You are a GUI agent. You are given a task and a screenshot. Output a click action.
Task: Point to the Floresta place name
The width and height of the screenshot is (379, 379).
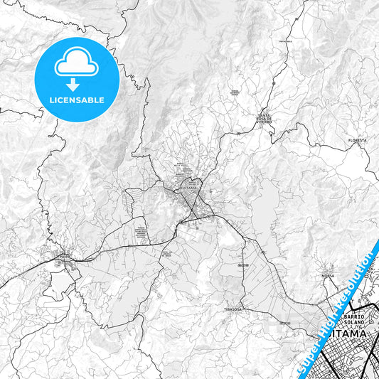point(357,141)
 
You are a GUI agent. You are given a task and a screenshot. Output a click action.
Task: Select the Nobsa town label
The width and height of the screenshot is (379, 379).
point(328,275)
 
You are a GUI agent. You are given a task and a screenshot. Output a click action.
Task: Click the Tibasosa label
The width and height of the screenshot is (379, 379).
point(233,310)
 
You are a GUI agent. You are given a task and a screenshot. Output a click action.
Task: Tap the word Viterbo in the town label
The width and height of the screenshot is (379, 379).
point(265,122)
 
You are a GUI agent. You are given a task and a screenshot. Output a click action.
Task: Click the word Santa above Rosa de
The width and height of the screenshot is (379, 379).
point(265,114)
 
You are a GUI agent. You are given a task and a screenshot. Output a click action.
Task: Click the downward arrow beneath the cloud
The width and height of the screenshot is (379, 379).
point(76,83)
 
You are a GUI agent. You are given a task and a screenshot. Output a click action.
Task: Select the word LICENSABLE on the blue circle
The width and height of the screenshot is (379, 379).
point(76,100)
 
